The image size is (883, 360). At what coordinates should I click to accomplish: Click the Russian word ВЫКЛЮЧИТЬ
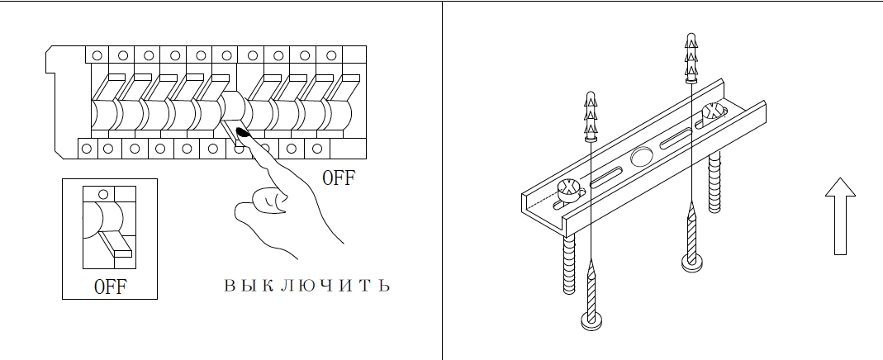pos(307,285)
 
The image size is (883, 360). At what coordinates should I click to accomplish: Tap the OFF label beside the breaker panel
pos(339,178)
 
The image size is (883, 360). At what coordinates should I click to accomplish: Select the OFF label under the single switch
pos(111,287)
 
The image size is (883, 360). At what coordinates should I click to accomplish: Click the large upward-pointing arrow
pos(840,216)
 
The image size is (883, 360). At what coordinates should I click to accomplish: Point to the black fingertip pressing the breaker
pos(243,133)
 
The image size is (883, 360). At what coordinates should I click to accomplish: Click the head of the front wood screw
pos(591,321)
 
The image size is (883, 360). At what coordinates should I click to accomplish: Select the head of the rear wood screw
pos(691,262)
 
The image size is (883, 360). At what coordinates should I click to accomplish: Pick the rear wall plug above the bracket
pos(691,59)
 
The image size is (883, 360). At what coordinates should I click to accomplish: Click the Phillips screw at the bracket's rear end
pos(714,111)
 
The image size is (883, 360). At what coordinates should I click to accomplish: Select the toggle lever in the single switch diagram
pos(116,243)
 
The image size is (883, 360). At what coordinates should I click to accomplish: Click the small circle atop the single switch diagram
pos(103,195)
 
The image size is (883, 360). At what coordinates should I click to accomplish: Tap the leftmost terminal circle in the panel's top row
pos(97,55)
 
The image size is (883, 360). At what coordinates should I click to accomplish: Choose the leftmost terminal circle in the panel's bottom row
pos(87,149)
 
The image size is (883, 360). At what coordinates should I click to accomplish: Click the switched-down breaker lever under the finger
pos(231,131)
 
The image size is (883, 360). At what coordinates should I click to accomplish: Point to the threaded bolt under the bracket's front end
pos(569,263)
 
